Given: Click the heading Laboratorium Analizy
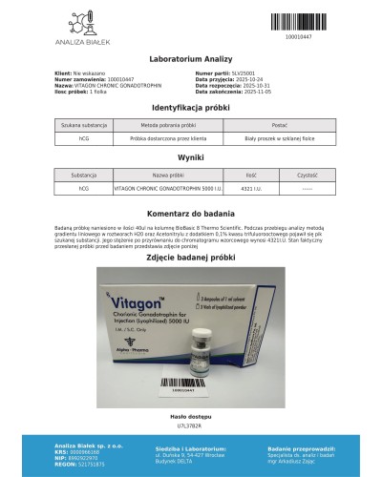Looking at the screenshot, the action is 191,59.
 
